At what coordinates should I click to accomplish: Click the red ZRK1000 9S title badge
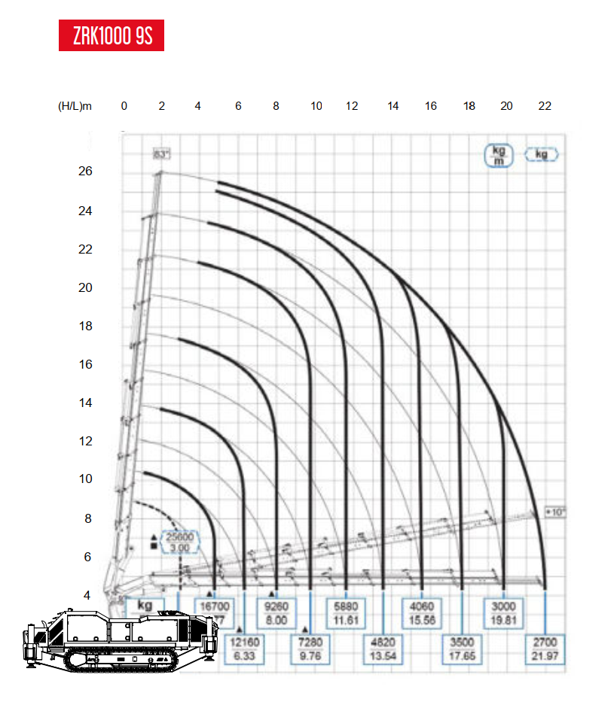tap(111, 36)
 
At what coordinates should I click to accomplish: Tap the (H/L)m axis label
tap(75, 106)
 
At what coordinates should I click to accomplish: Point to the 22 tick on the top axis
tap(545, 106)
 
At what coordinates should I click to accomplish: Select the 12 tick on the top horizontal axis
tap(352, 106)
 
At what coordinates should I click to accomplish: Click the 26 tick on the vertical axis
tap(85, 172)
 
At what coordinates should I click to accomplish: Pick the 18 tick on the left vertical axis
tap(85, 326)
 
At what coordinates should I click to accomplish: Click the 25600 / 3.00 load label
tap(180, 542)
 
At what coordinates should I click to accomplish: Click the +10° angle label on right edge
tap(556, 512)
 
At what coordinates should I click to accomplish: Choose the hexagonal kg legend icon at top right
tap(542, 154)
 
